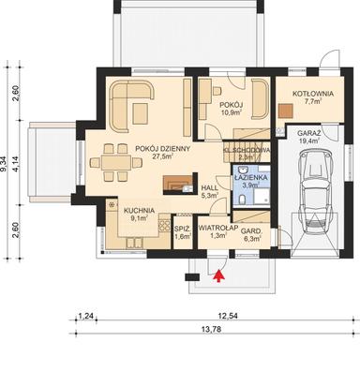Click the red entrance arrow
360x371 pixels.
(x=219, y=275)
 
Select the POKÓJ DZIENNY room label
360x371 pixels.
(x=162, y=148)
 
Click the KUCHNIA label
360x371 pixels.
(x=130, y=212)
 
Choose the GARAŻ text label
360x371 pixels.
(x=310, y=135)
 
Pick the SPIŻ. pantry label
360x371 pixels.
(x=182, y=228)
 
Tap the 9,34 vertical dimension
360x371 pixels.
(x=5, y=169)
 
